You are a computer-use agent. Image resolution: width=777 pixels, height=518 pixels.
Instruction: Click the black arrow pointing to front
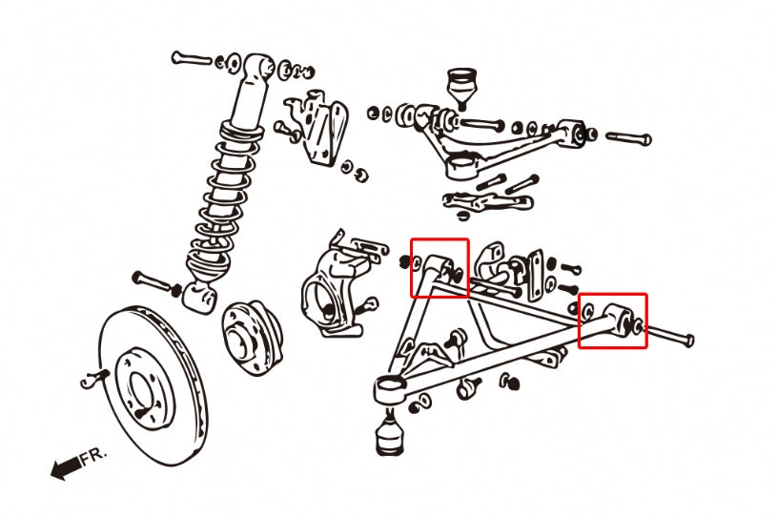coord(66,467)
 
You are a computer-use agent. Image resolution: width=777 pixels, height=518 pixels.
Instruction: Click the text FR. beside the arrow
coord(94,456)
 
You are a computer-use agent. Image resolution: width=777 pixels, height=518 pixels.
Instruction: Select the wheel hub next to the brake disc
coord(252,337)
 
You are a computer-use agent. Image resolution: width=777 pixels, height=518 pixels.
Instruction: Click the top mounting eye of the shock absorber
coord(258,66)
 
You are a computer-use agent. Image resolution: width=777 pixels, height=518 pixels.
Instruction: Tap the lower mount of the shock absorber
coord(199,297)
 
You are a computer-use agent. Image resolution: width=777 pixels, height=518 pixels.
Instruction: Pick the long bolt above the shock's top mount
coord(192,58)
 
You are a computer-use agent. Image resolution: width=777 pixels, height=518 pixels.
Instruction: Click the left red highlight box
coord(440,268)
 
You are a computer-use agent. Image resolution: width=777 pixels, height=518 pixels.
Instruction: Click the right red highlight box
coord(612,321)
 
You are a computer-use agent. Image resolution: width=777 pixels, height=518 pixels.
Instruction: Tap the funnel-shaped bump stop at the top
coord(461,88)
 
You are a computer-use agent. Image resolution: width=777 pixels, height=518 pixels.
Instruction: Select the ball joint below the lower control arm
coord(390,433)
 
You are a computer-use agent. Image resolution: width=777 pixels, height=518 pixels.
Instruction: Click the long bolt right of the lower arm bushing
coord(669,335)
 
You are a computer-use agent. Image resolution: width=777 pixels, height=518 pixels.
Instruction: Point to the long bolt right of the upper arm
coord(628,137)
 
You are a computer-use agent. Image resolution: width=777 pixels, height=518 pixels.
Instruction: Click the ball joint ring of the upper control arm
coord(460,166)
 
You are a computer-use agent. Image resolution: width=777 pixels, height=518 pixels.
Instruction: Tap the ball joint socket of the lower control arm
coord(389,387)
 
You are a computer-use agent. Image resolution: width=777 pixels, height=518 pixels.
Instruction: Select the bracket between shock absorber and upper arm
coord(317,127)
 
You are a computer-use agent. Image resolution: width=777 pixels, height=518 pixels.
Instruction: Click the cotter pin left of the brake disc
coord(94,380)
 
